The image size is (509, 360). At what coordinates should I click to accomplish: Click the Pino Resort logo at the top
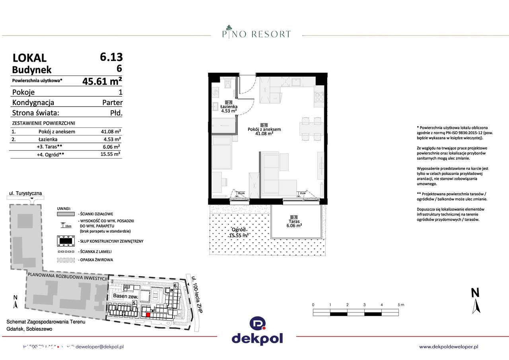256,32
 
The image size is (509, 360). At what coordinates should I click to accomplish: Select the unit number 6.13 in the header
111,56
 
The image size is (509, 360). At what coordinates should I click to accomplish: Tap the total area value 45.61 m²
102,81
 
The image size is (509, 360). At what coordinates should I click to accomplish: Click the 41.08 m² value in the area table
111,132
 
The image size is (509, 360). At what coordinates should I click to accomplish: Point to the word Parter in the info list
112,103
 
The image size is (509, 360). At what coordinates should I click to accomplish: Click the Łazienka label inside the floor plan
229,107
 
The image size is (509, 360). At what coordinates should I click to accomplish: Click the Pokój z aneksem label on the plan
264,129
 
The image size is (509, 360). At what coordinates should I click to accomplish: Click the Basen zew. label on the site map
125,296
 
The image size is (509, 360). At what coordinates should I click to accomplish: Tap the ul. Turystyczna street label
25,193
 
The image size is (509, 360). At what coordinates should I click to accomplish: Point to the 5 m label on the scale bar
400,305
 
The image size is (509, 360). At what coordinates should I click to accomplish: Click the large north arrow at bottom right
475,301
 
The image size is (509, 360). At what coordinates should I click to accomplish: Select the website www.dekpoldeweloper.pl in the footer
449,347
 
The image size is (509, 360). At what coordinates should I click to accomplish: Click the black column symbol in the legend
66,241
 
